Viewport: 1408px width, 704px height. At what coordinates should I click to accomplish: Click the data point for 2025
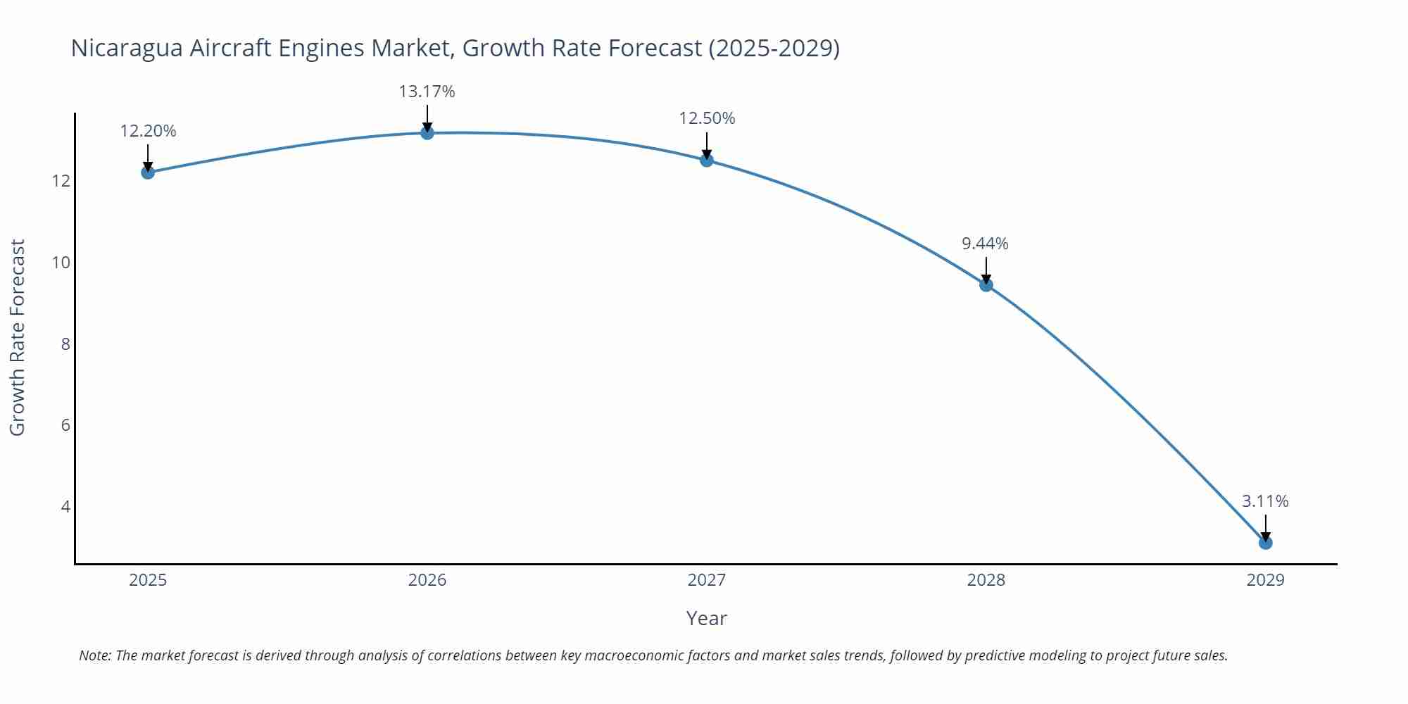click(148, 172)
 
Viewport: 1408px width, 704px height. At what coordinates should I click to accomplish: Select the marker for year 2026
click(427, 133)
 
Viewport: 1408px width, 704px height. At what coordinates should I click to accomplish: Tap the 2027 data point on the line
click(707, 161)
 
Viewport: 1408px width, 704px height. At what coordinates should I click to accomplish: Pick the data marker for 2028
click(986, 285)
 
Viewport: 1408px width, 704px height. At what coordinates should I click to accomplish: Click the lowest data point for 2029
click(1265, 543)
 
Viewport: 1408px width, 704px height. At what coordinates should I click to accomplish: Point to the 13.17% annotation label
click(427, 92)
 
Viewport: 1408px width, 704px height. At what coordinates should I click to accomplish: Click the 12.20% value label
click(148, 131)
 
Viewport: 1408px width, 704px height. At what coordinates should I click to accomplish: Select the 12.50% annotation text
click(707, 118)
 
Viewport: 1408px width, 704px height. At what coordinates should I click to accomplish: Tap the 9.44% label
click(985, 244)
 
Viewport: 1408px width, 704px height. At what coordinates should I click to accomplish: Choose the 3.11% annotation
click(1264, 501)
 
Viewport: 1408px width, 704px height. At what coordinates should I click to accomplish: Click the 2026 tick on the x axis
click(427, 580)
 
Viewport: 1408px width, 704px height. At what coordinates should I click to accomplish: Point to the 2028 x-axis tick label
click(986, 580)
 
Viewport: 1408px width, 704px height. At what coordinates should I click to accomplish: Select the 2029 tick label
click(1265, 580)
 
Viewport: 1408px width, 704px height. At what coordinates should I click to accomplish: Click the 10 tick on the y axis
click(61, 263)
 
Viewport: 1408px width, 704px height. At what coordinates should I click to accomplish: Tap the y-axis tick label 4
click(65, 507)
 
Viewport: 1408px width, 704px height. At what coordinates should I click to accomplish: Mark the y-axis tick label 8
click(65, 344)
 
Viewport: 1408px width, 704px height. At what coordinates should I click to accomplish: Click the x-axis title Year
click(706, 618)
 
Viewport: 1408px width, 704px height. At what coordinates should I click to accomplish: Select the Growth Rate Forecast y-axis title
click(18, 337)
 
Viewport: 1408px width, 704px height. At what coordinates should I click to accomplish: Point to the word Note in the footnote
click(94, 655)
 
